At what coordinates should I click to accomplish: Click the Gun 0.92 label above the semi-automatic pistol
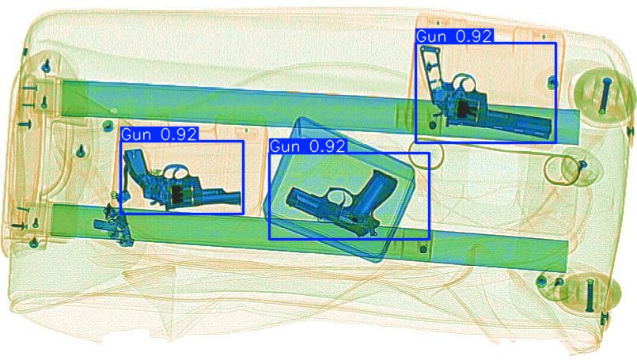[308, 146]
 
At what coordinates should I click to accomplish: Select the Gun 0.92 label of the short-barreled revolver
[159, 134]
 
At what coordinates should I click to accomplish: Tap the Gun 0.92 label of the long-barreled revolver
[454, 36]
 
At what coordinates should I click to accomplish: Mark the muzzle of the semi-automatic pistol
[290, 199]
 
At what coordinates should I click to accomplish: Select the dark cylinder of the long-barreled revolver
[464, 109]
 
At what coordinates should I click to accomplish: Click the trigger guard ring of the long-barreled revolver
[462, 83]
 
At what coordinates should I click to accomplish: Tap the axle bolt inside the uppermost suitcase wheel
[605, 96]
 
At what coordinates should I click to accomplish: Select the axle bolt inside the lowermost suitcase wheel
[590, 294]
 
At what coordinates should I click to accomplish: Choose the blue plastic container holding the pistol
[340, 189]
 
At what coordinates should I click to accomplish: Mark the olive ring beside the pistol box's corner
[425, 155]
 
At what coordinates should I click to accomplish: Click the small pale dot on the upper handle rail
[114, 111]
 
